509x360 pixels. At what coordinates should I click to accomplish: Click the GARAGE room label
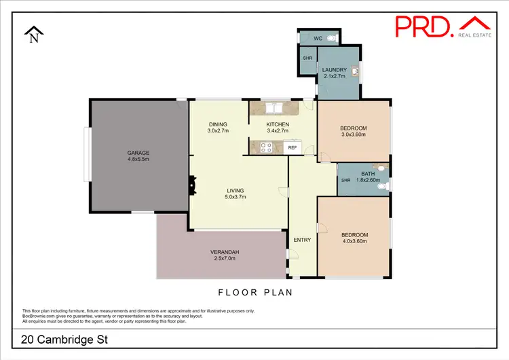(x=138, y=153)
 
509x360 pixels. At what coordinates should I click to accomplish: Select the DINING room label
(x=218, y=124)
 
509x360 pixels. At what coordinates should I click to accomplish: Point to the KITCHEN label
(x=278, y=124)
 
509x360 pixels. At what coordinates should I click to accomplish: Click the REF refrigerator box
(x=293, y=147)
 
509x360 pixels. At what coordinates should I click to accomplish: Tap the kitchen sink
(x=274, y=107)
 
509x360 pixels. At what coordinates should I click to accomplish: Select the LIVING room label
(x=235, y=190)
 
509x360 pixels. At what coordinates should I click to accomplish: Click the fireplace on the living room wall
(x=192, y=184)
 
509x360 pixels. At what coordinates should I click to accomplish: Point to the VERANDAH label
(x=223, y=252)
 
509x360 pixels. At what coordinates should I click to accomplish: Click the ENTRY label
(x=301, y=240)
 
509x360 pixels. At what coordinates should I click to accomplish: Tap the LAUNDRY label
(x=335, y=70)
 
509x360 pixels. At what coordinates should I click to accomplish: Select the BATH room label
(x=368, y=174)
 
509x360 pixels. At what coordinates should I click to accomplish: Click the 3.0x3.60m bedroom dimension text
(x=353, y=135)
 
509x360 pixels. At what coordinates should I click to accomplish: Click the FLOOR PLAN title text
(x=254, y=293)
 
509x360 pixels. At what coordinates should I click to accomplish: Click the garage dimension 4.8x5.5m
(x=138, y=160)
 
